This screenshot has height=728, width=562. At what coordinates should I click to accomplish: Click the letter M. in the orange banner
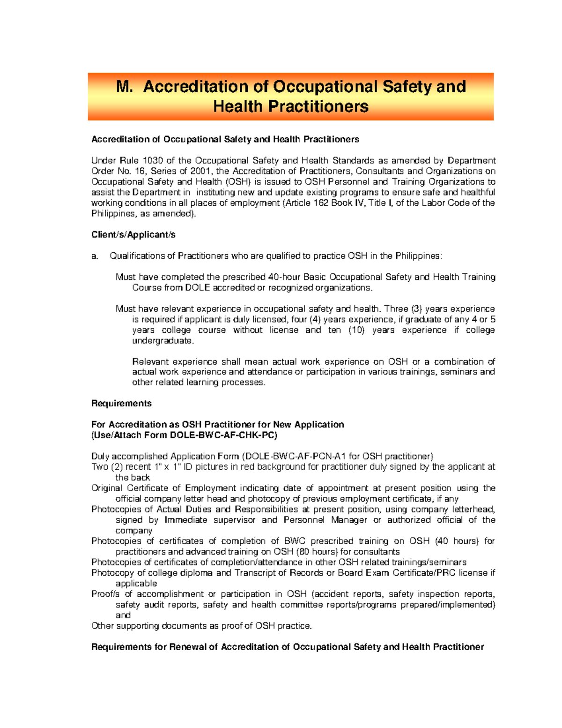(x=125, y=87)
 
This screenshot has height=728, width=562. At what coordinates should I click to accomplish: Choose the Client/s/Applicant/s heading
(x=133, y=234)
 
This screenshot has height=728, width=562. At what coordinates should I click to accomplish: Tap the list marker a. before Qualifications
(x=95, y=256)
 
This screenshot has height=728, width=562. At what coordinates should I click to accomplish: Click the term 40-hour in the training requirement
(x=284, y=277)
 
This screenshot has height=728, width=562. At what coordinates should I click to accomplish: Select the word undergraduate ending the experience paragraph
(x=163, y=341)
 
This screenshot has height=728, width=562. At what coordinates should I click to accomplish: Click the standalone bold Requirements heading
(x=121, y=404)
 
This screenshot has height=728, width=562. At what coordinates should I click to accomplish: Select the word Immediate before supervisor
(x=185, y=520)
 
